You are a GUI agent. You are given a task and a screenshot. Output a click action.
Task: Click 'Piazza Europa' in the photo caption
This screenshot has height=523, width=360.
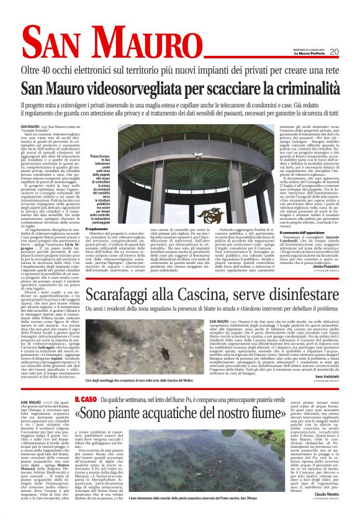[x=101, y=156]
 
